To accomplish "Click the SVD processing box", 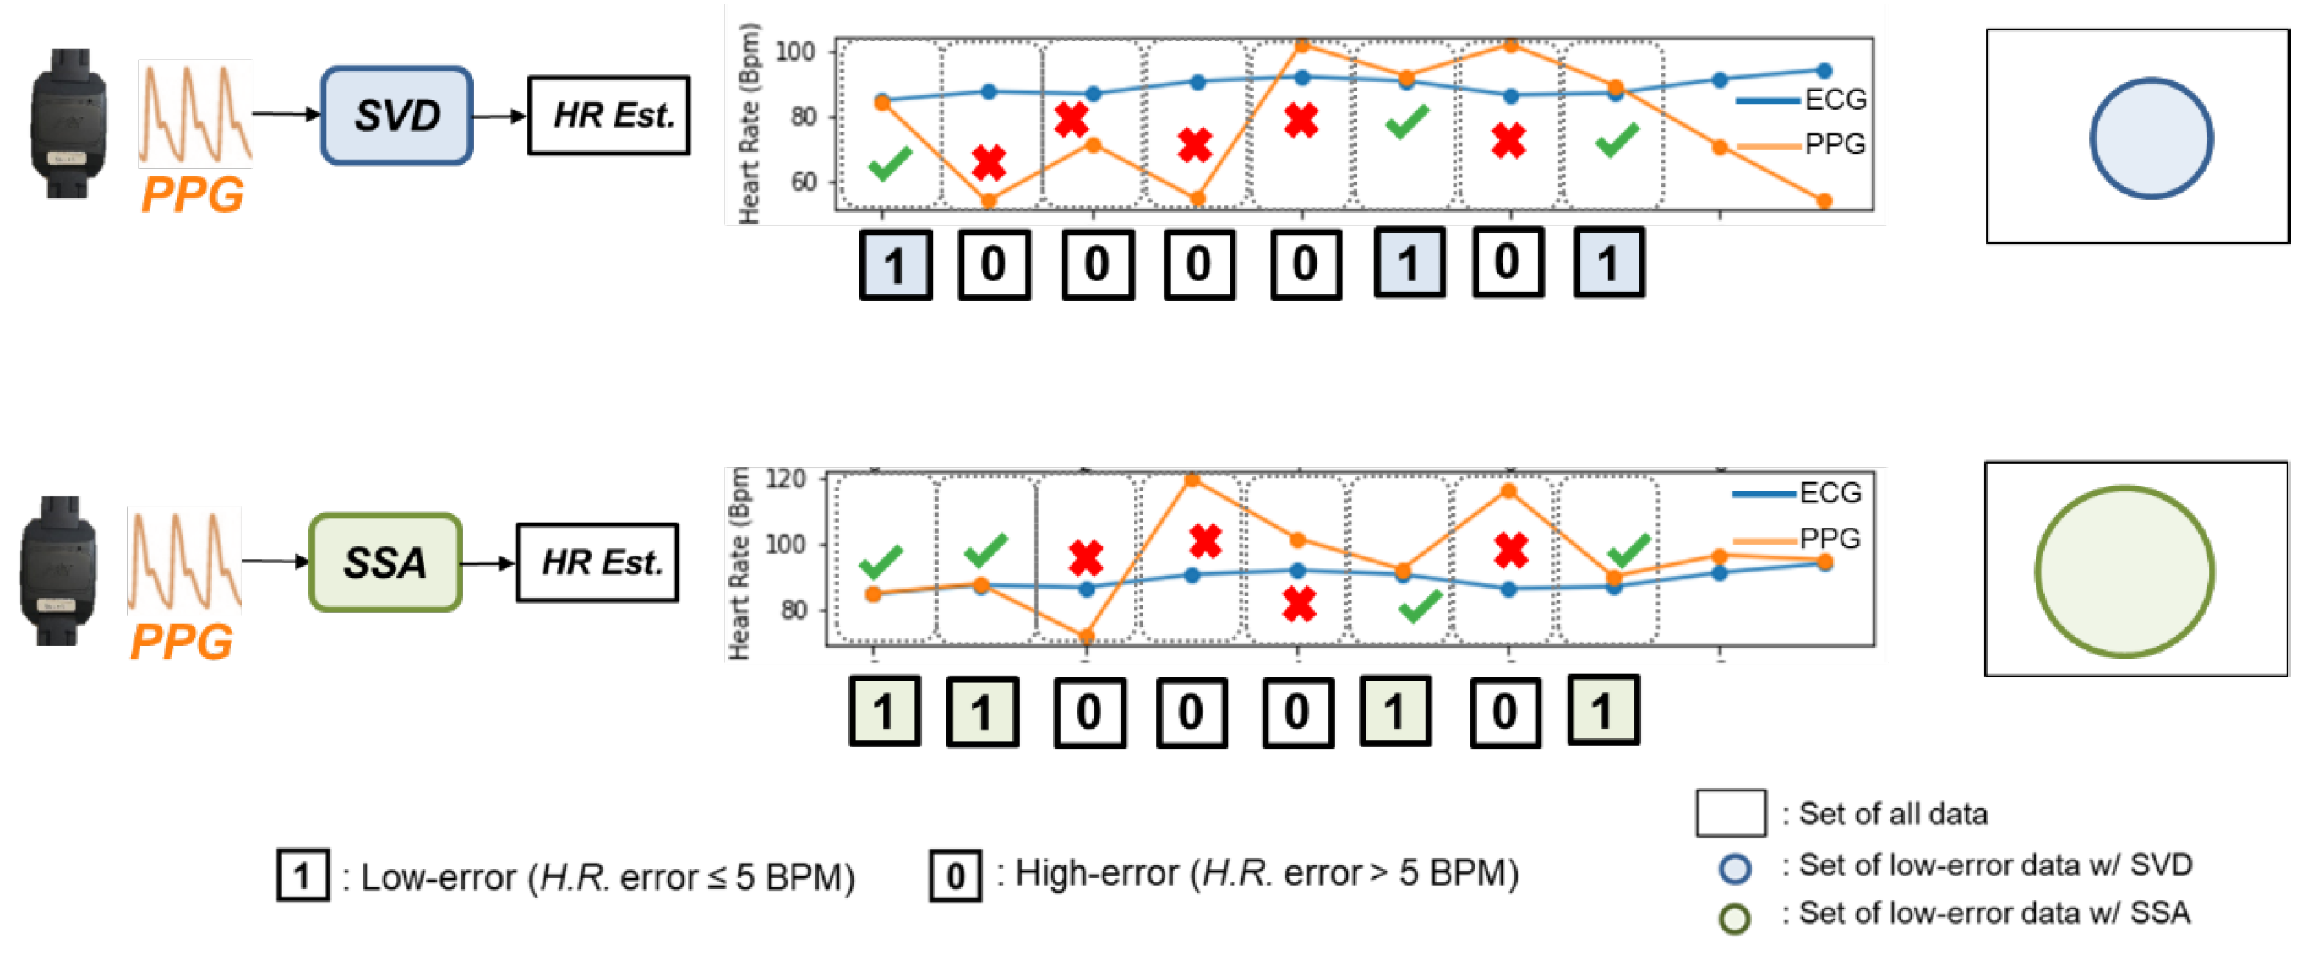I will click(x=397, y=115).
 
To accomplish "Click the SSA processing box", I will click(x=385, y=563).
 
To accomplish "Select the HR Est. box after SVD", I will click(x=609, y=115).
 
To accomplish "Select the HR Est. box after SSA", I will click(x=597, y=563).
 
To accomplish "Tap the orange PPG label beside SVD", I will click(x=192, y=194).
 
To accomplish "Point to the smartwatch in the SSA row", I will click(x=57, y=570).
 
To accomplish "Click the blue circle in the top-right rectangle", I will click(x=2151, y=138).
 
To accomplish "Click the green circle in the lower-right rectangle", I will click(x=2124, y=572).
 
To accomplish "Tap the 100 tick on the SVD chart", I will click(x=794, y=52).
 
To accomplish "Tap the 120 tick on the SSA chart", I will click(x=785, y=479).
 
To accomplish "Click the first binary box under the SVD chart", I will click(x=896, y=264).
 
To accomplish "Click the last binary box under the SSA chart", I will click(x=1602, y=710).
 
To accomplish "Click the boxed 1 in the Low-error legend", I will click(x=303, y=875).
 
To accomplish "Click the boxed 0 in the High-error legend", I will click(x=956, y=875).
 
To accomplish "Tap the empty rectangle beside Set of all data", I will click(x=1730, y=813).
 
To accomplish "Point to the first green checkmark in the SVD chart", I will click(x=890, y=163).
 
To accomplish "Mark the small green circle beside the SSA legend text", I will click(x=1734, y=918).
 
